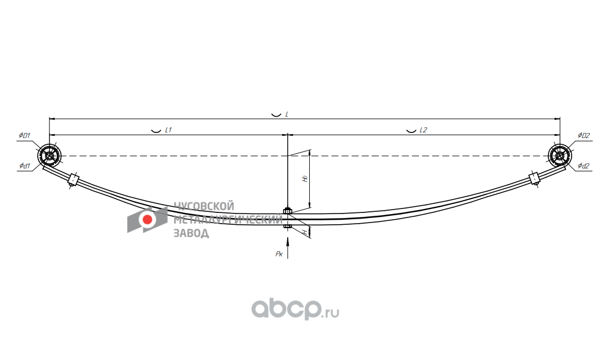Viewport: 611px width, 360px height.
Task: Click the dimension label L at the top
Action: click(x=287, y=114)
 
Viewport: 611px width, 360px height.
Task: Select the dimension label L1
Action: click(x=168, y=130)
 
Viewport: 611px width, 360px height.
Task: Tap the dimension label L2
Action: click(x=423, y=130)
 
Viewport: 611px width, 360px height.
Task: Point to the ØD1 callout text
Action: click(x=24, y=136)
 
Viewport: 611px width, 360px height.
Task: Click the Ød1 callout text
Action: click(x=24, y=166)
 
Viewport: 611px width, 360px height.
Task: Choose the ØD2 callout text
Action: click(x=583, y=136)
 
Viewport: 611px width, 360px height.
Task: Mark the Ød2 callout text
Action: click(x=583, y=166)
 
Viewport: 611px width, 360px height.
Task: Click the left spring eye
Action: click(x=50, y=155)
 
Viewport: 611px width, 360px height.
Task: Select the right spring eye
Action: click(x=559, y=155)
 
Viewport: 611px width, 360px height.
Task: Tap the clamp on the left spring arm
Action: click(x=73, y=180)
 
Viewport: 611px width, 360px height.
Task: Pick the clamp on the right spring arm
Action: click(x=535, y=179)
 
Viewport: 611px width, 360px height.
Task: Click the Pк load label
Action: click(x=279, y=254)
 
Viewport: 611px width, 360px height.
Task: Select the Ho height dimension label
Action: click(x=305, y=179)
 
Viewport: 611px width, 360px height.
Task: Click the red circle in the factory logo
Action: click(x=148, y=220)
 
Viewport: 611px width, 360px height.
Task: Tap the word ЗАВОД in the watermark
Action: click(x=191, y=233)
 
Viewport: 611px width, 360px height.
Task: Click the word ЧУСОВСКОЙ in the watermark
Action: click(x=203, y=206)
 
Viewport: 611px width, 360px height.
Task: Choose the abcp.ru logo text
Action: click(x=295, y=309)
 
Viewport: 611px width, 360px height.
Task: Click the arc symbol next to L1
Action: click(x=155, y=131)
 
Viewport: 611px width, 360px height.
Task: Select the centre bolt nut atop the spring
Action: click(x=288, y=211)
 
